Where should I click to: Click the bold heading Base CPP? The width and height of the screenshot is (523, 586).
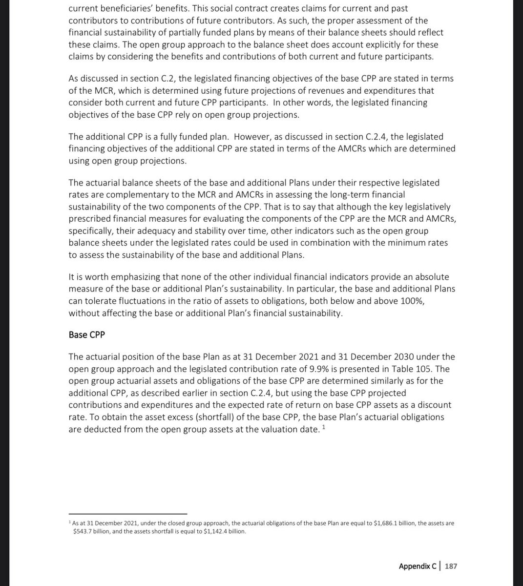tap(86, 335)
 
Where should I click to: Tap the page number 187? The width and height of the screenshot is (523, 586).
tap(451, 566)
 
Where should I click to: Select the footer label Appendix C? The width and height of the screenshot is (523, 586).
tap(418, 566)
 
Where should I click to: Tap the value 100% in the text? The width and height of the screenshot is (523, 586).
tap(411, 301)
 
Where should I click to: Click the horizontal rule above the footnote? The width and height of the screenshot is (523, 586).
tap(128, 514)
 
